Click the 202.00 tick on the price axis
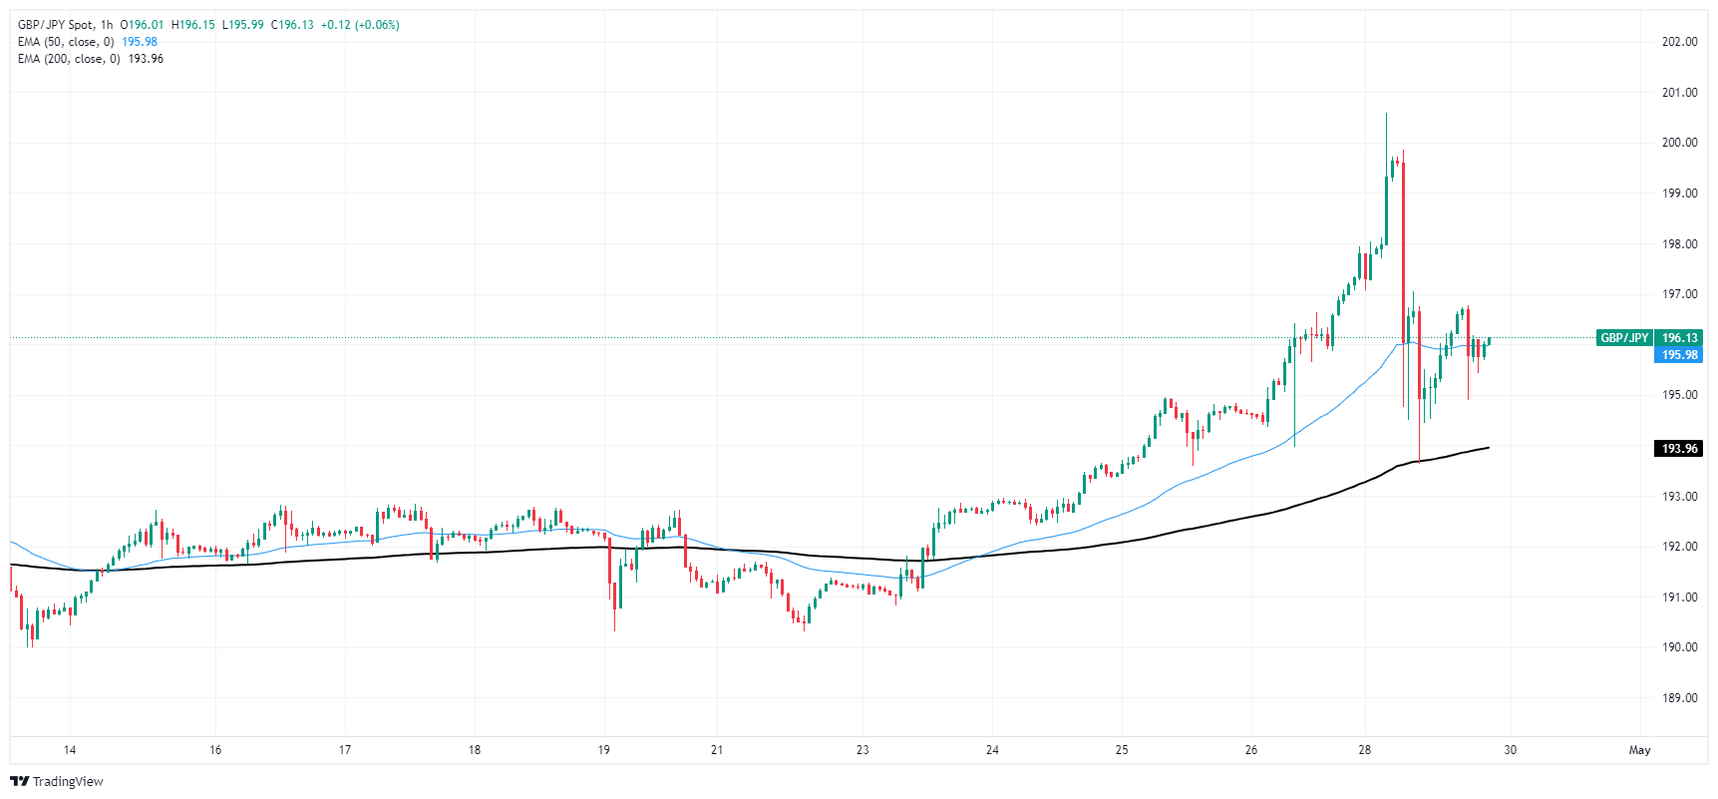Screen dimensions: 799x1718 click(1679, 42)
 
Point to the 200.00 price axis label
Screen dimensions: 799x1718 click(1679, 143)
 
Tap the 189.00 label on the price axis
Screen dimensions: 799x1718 click(1679, 698)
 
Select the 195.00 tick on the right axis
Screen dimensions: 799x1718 click(1679, 395)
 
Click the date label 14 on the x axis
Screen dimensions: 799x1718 click(70, 750)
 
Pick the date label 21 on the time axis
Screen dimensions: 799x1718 click(717, 750)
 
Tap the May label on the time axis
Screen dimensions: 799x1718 click(1639, 750)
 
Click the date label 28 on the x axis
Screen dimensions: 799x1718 click(1365, 750)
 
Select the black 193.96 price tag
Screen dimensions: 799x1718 click(1679, 449)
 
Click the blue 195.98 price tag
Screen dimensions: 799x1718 click(1679, 355)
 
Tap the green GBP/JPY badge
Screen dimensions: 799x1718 click(1624, 338)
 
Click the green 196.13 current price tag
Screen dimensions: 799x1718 click(1679, 338)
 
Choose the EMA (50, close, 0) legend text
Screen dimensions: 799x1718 click(66, 42)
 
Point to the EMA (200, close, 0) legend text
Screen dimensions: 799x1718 click(69, 59)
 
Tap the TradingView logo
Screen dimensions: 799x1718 click(57, 781)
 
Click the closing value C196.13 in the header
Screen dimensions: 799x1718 click(291, 25)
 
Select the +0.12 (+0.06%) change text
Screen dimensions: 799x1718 click(360, 25)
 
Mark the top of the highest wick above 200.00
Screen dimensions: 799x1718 click(1386, 115)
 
